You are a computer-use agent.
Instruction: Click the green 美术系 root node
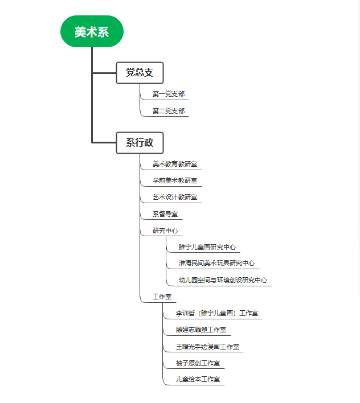(92, 31)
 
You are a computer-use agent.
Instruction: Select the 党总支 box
(140, 73)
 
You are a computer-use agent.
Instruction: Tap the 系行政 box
(140, 143)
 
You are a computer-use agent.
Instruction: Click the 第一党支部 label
(169, 94)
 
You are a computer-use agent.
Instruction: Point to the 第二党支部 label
(169, 111)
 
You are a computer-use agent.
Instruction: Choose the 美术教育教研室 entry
(175, 164)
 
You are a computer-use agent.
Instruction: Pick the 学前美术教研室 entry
(175, 180)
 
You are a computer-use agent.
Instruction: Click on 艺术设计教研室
(175, 197)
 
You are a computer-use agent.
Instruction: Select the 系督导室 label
(165, 214)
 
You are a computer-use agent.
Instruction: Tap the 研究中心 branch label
(165, 231)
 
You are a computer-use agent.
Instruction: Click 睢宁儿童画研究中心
(207, 247)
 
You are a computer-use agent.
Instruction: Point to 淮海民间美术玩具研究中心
(217, 263)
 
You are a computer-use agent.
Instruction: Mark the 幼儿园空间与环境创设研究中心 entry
(223, 280)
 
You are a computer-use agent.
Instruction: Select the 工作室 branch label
(162, 297)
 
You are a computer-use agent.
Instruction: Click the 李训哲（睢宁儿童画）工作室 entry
(217, 313)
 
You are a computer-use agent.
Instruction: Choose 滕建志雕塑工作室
(201, 330)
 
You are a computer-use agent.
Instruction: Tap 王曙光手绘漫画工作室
(207, 347)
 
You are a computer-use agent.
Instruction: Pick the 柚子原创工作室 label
(198, 363)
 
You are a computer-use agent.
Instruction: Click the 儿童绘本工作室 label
(198, 379)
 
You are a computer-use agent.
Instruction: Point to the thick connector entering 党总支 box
(104, 73)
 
